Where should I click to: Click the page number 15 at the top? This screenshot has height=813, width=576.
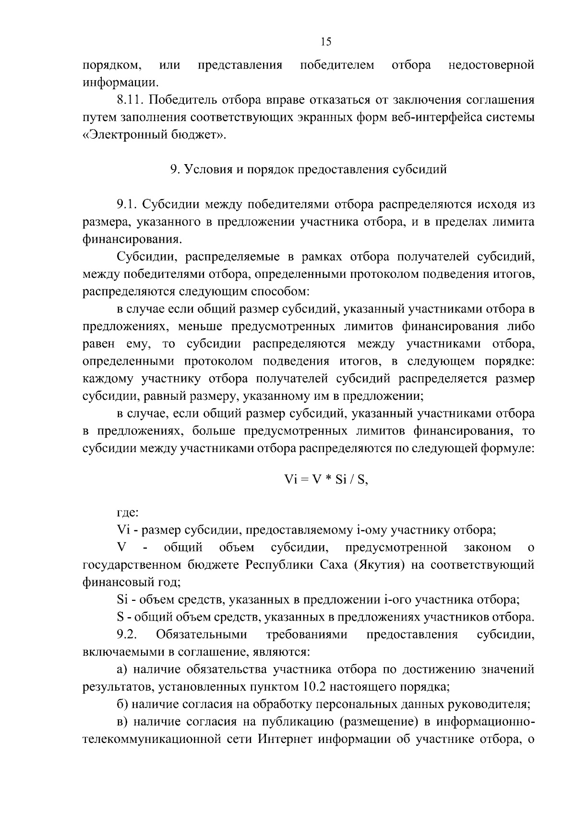(x=326, y=42)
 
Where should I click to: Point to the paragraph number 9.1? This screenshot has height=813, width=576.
(x=127, y=204)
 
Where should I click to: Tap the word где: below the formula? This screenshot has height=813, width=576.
(x=128, y=513)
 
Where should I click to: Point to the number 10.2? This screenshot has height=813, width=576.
(x=314, y=686)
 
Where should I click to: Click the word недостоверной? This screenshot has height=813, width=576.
(x=491, y=65)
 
